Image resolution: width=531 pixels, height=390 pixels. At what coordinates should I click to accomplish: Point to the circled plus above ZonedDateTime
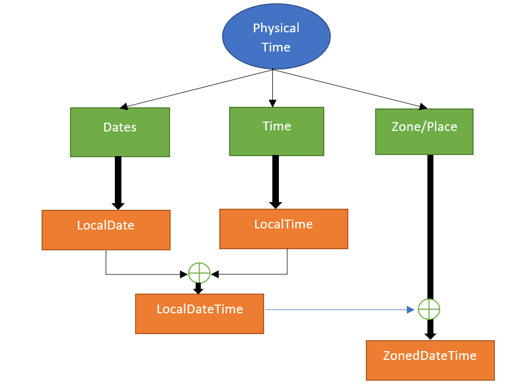coord(429,309)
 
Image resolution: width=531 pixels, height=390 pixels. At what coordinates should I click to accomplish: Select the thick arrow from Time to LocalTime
coord(276,181)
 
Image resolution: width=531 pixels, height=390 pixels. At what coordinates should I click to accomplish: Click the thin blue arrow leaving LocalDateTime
coord(339,309)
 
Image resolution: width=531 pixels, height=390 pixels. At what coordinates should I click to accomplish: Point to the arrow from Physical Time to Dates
coord(197,88)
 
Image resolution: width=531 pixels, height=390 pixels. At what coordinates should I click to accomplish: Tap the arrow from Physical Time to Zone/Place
coord(350,88)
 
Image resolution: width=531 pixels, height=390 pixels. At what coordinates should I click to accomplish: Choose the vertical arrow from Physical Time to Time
coord(272,88)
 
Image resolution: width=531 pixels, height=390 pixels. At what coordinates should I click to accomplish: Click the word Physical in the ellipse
coord(276,28)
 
